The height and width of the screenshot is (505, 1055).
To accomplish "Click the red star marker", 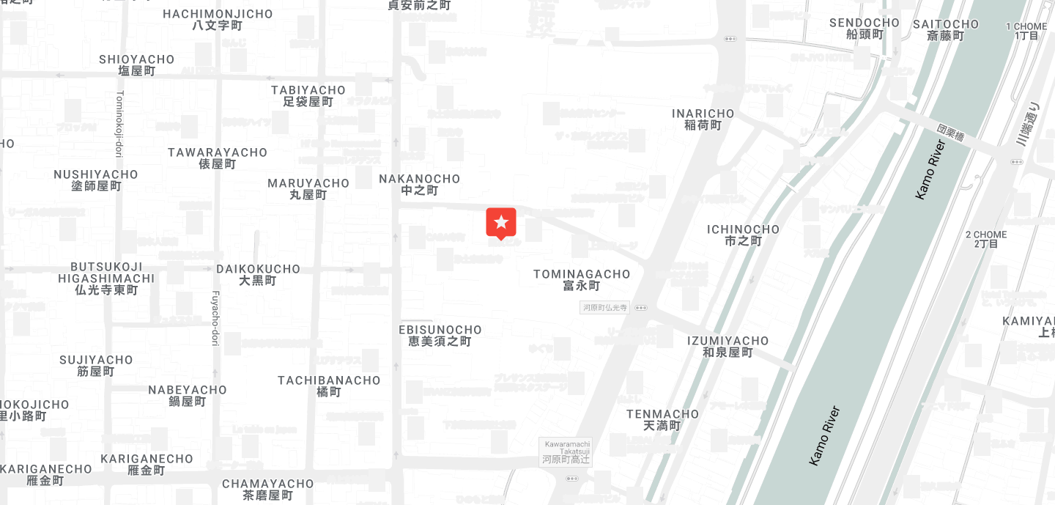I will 501,222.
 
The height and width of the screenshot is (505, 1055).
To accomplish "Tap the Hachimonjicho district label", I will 218,20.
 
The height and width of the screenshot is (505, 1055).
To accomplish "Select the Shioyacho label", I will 137,65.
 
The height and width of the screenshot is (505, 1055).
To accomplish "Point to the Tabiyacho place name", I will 308,96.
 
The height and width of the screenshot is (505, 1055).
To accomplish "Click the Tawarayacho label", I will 218,158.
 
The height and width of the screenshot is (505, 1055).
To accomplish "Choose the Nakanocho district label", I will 420,185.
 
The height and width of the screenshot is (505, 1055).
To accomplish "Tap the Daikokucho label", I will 258,275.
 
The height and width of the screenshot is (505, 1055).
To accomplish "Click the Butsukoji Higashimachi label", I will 106,279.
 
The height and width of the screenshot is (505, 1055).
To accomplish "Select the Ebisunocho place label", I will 440,336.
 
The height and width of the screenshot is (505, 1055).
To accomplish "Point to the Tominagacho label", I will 582,280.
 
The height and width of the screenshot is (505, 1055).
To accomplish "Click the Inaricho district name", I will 703,119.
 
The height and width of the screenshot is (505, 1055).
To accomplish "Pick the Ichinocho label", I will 743,235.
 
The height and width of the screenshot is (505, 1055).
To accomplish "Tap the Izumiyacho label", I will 728,347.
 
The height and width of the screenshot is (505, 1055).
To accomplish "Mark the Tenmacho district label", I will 662,420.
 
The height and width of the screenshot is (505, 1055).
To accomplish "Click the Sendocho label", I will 865,29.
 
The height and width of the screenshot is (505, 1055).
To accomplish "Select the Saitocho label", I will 945,30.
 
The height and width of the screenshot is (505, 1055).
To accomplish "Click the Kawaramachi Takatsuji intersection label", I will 566,452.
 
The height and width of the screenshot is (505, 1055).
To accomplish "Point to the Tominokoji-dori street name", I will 119,124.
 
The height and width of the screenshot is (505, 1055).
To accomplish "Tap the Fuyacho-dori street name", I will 215,317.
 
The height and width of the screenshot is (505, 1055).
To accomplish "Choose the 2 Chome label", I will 986,239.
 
